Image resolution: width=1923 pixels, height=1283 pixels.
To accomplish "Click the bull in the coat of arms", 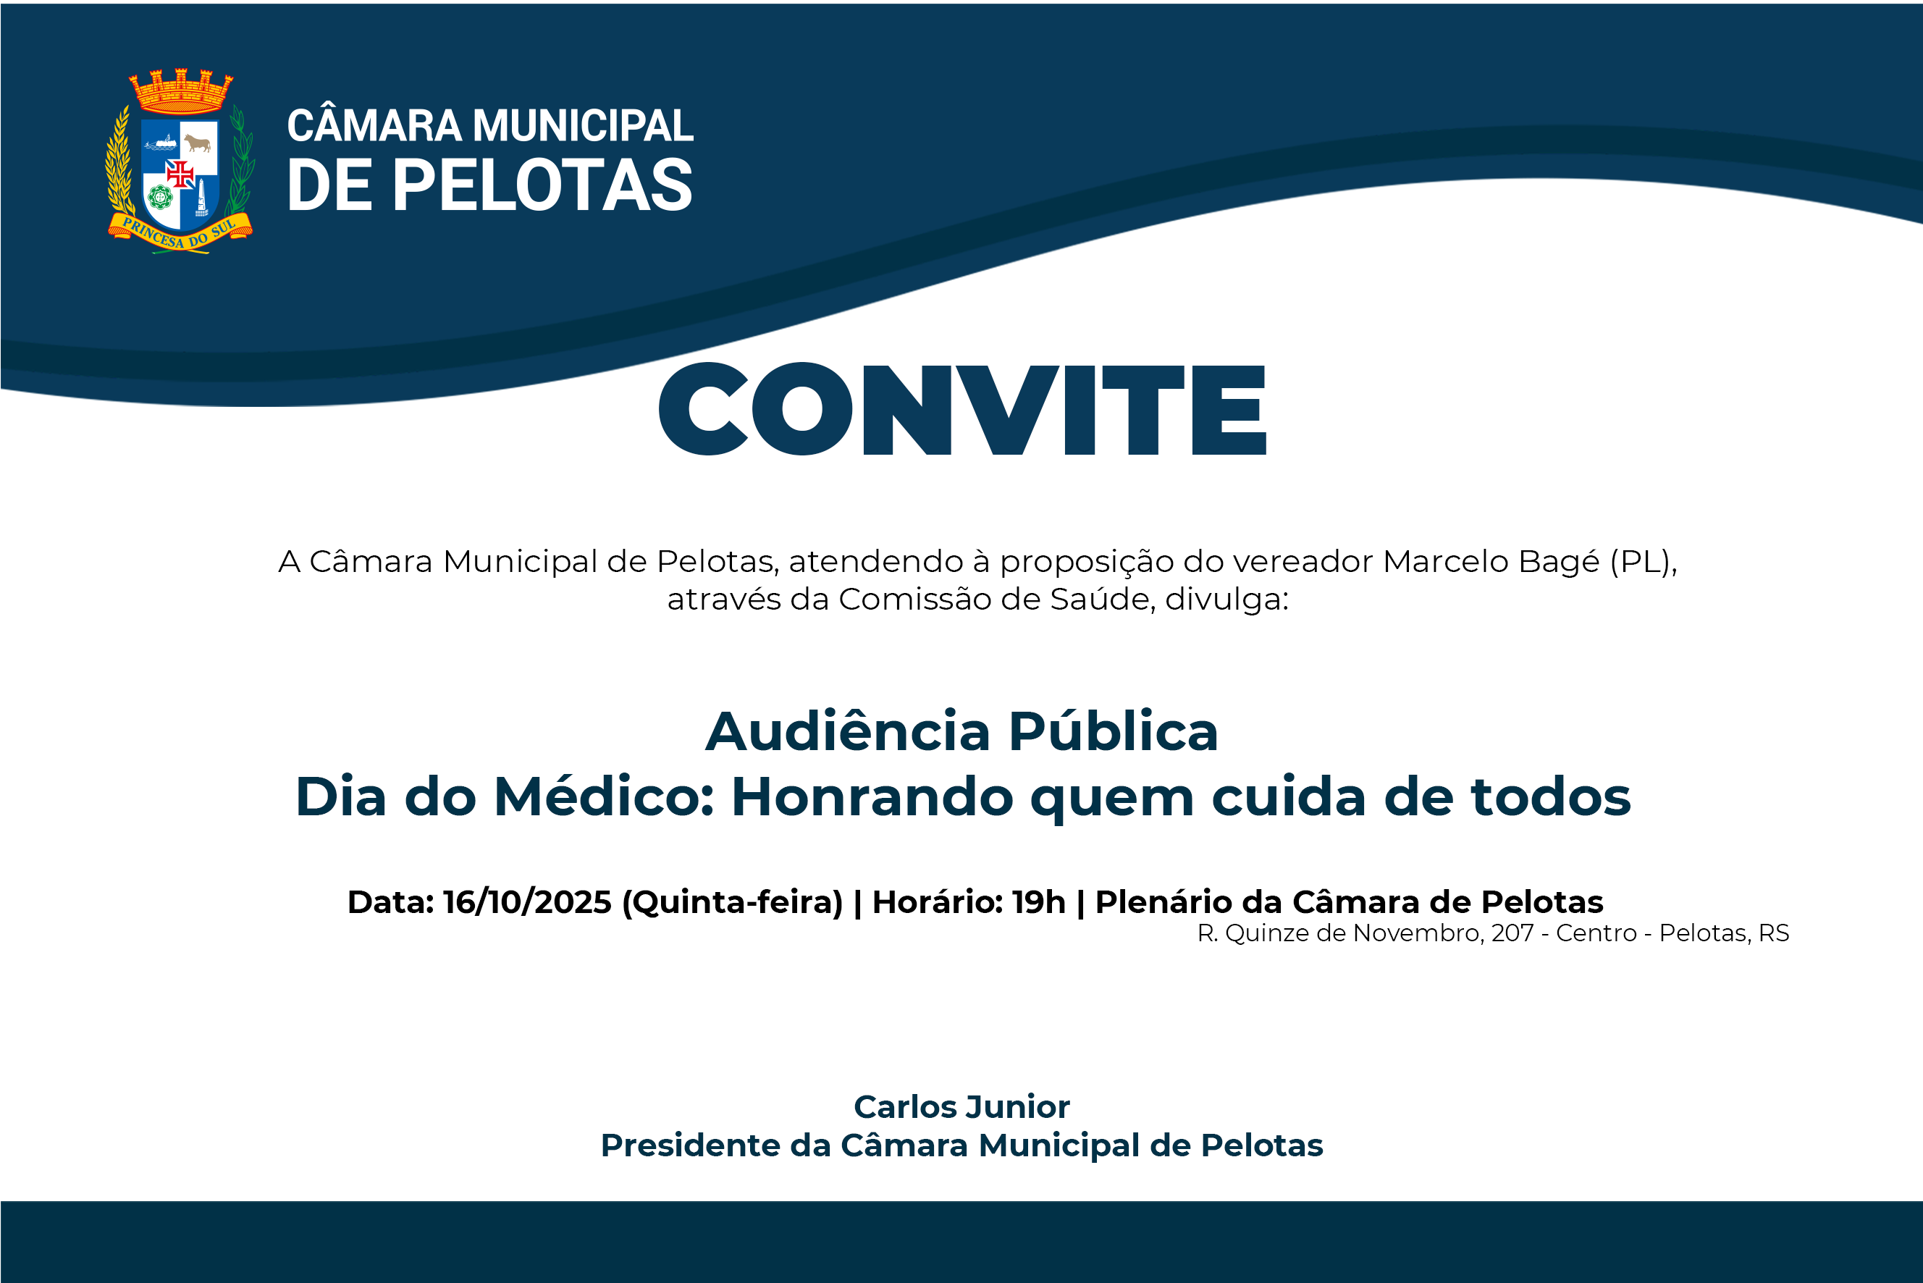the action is point(197,144).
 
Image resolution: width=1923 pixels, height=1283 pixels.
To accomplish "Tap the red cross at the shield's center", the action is point(180,174).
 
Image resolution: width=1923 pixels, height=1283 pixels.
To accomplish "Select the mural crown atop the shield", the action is point(181,91).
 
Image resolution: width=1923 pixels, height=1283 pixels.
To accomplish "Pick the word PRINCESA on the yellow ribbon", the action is point(153,233).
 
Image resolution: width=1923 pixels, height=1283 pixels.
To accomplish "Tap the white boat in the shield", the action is point(161,143).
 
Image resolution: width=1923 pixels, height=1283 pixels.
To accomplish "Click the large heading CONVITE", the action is point(962,408).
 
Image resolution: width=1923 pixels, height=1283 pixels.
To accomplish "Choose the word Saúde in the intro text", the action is point(1102,599).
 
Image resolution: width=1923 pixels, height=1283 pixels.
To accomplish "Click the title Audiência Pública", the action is point(961,731).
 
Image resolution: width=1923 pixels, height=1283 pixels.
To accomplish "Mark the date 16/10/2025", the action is point(527,901).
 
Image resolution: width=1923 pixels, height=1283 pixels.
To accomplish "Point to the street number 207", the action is point(1512,933).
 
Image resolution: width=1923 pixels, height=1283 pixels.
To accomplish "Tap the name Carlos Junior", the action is point(961,1106).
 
